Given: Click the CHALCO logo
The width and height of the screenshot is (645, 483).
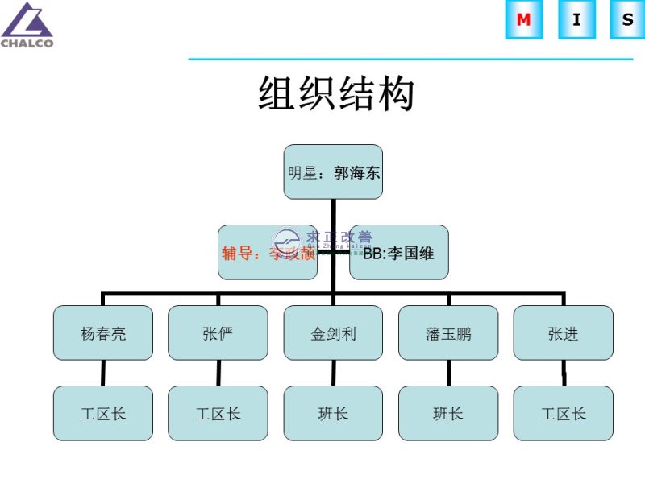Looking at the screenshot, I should point(27,25).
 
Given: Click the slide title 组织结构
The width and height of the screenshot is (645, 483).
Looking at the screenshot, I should point(336,94).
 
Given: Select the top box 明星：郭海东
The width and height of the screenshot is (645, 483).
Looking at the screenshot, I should point(333,171).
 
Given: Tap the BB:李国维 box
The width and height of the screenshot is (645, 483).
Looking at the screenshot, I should point(399,252).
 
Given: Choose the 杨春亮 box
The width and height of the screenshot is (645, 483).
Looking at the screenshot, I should point(103,332).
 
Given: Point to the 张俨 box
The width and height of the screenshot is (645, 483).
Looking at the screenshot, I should point(218,332).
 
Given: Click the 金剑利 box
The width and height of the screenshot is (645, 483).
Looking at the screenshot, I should point(333,332).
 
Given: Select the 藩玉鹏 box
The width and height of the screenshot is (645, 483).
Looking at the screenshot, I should point(448,332).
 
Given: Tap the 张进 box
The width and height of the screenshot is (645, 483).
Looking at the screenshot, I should point(563,332).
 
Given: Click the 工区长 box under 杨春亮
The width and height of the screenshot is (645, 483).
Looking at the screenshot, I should point(103,413).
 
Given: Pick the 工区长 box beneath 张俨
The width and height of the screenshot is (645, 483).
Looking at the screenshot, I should point(218,413).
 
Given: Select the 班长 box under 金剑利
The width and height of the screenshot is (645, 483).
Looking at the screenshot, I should point(333,413).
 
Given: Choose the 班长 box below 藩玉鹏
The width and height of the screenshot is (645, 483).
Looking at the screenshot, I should point(448,413).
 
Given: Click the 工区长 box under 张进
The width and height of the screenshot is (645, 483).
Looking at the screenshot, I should point(563,413).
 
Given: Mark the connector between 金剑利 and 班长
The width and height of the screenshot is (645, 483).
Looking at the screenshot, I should point(333,373).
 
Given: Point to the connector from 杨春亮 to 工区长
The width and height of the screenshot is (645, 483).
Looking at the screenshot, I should point(103,373).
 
